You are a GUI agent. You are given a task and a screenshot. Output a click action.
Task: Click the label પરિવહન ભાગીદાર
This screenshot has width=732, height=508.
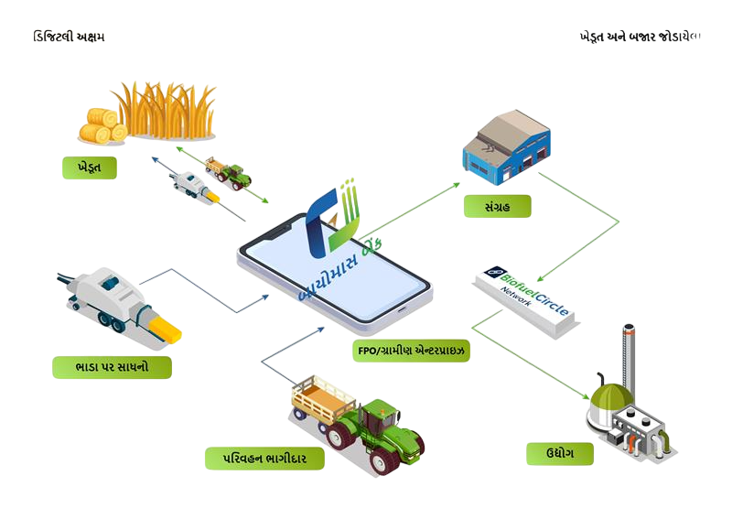click(264, 458)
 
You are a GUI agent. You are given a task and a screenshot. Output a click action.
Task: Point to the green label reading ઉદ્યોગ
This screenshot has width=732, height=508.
click(559, 452)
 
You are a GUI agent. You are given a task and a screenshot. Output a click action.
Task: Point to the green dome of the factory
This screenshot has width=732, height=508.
click(611, 397)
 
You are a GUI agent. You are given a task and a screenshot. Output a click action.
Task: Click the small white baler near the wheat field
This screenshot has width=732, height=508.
click(195, 186)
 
